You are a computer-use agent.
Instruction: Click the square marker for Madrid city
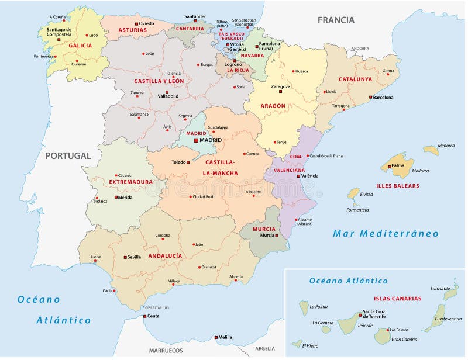(x=196, y=140)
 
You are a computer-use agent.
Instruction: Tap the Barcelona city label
(x=383, y=98)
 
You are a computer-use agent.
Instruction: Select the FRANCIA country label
(x=336, y=20)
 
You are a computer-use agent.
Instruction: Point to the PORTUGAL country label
(x=68, y=156)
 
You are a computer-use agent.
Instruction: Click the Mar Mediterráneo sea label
(x=386, y=234)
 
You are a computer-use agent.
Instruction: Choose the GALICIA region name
(x=80, y=45)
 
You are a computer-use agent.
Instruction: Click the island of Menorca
(x=431, y=150)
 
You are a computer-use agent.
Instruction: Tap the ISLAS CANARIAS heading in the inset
(x=397, y=298)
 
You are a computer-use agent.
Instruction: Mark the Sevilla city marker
(x=125, y=257)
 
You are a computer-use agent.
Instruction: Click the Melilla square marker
(x=216, y=337)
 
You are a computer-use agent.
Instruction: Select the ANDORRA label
(x=360, y=49)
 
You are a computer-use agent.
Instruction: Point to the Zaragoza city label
(x=280, y=86)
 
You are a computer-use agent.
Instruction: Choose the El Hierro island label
(x=310, y=346)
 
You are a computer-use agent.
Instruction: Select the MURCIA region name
(x=264, y=229)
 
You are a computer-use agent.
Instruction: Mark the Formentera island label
(x=357, y=210)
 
